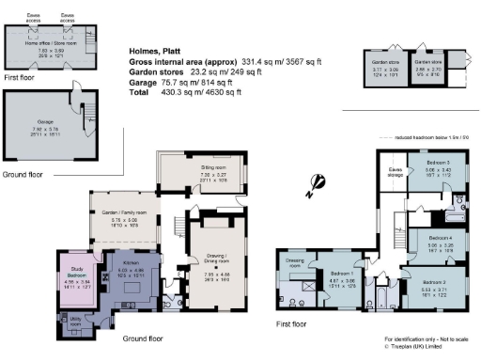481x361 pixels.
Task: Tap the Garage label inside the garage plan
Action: (47, 117)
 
